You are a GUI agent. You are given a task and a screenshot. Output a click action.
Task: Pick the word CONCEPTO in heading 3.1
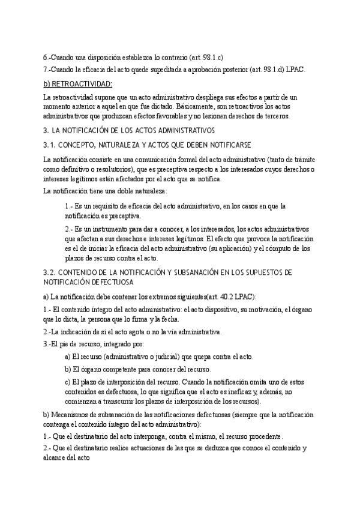[x=80, y=145]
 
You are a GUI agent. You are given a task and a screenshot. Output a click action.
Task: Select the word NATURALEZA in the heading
[x=127, y=145]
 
